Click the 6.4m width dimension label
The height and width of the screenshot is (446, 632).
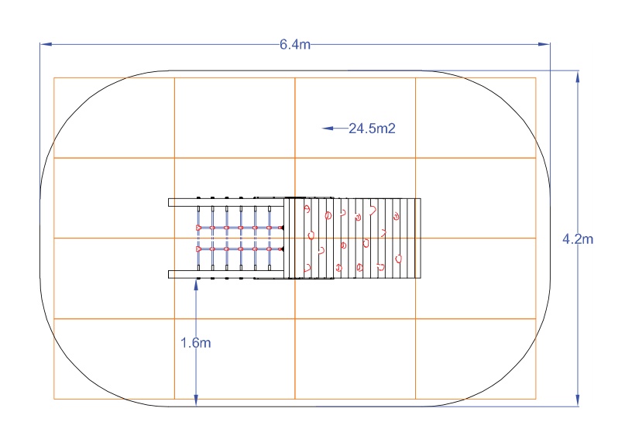[x=295, y=44]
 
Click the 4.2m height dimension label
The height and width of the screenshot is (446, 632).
[x=578, y=239]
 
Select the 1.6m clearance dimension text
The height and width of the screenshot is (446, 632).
[x=195, y=343]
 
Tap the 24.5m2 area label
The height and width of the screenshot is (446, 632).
[x=372, y=129]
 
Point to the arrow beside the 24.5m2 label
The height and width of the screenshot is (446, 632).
[x=335, y=129]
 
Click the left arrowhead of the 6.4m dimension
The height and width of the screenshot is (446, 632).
[x=46, y=44]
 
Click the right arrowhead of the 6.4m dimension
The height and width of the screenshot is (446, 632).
[x=544, y=44]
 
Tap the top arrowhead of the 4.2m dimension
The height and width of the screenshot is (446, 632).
[x=578, y=77]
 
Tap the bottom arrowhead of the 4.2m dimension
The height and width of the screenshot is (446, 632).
[x=578, y=400]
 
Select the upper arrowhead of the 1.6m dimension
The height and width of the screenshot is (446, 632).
[x=196, y=284]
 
